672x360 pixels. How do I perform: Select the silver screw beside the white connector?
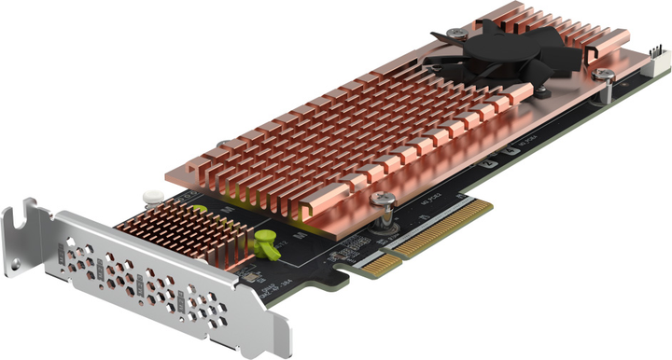tap(605, 74)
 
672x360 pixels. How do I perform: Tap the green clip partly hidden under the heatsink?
tap(200, 208)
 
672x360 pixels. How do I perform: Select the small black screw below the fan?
tap(541, 90)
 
